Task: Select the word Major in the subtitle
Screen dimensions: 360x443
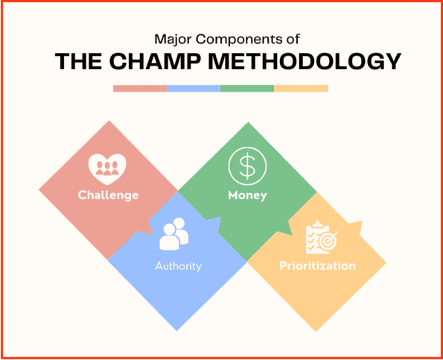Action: (x=170, y=37)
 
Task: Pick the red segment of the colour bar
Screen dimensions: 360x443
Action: (x=140, y=88)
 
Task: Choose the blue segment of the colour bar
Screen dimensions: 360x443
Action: (x=194, y=88)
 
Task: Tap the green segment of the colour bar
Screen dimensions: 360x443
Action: (x=247, y=88)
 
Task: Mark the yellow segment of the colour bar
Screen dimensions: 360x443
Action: (x=301, y=88)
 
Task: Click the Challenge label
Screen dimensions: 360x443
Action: (x=109, y=195)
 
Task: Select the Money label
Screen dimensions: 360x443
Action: (x=247, y=195)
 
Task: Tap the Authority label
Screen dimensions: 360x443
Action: (x=178, y=265)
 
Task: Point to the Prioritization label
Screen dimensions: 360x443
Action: (x=317, y=265)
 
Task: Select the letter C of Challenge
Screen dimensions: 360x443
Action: (x=83, y=195)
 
